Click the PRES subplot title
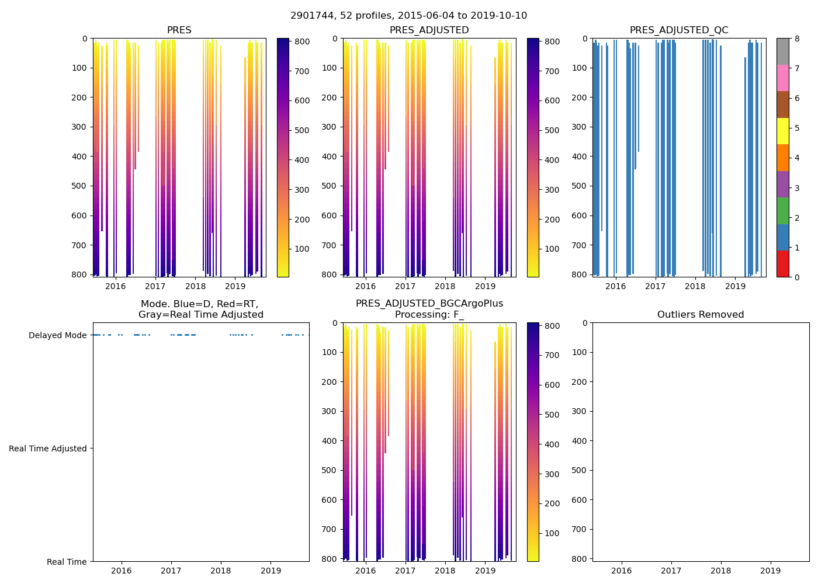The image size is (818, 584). tap(179, 30)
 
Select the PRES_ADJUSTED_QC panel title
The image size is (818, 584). tap(678, 30)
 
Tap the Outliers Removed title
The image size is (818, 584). tap(700, 315)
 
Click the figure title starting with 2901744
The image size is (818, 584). tap(408, 16)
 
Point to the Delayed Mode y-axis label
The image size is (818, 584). tap(57, 335)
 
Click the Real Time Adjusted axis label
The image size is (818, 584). tap(47, 449)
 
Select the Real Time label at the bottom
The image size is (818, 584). tap(67, 562)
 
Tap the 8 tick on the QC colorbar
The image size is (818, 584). tap(797, 39)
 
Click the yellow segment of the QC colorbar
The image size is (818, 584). tap(782, 131)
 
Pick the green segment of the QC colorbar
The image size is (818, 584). tap(782, 211)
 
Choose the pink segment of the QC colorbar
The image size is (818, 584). tap(782, 78)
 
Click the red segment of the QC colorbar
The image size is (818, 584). tap(782, 264)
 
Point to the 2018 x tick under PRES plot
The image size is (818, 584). tap(195, 286)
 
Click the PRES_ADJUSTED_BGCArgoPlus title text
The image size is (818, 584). tap(429, 304)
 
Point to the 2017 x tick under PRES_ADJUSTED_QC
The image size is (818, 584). tap(655, 286)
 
